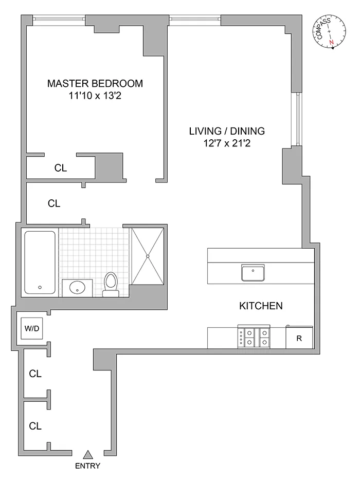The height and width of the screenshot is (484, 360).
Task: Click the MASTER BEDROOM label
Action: pyautogui.click(x=95, y=83)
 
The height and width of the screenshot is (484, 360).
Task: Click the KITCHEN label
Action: pyautogui.click(x=261, y=306)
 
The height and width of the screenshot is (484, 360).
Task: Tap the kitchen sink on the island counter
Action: pyautogui.click(x=253, y=272)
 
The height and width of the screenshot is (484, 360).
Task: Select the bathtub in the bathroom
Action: pyautogui.click(x=40, y=262)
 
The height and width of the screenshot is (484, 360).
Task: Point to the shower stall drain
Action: pyautogui.click(x=148, y=255)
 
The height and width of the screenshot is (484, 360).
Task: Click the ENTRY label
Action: pyautogui.click(x=87, y=467)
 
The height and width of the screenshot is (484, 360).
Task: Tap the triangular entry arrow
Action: pyautogui.click(x=88, y=454)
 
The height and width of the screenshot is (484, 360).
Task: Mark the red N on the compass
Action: pyautogui.click(x=332, y=42)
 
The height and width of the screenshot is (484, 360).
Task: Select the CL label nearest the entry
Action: pyautogui.click(x=35, y=426)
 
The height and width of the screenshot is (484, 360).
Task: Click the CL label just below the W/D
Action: pyautogui.click(x=35, y=374)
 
